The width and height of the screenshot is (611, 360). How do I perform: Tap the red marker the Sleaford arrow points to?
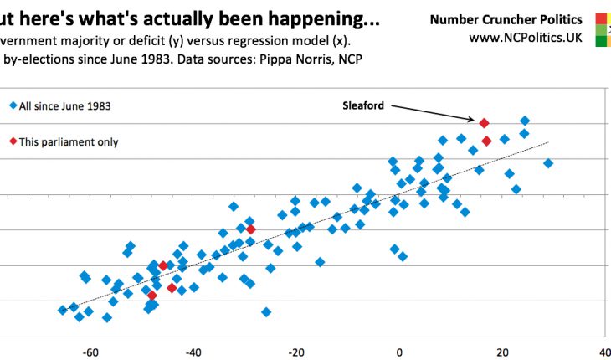pyautogui.click(x=484, y=123)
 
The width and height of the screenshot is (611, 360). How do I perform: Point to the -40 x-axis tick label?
pyautogui.click(x=193, y=352)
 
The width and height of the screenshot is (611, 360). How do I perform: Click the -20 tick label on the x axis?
pyautogui.click(x=296, y=352)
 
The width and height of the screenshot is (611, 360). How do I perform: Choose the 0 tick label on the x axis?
pyautogui.click(x=399, y=352)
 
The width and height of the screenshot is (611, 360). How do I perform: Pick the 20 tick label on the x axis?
pyautogui.click(x=502, y=352)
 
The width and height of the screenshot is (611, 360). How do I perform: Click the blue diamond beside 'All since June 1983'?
pyautogui.click(x=12, y=105)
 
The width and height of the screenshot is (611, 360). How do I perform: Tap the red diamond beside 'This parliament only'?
pyautogui.click(x=12, y=142)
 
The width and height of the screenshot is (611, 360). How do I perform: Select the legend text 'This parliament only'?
pyautogui.click(x=69, y=142)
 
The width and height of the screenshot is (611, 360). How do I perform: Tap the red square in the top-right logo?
pyautogui.click(x=603, y=18)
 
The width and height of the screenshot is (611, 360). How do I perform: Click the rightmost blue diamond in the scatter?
pyautogui.click(x=548, y=163)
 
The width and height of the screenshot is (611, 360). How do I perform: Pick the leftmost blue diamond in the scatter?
pyautogui.click(x=62, y=310)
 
